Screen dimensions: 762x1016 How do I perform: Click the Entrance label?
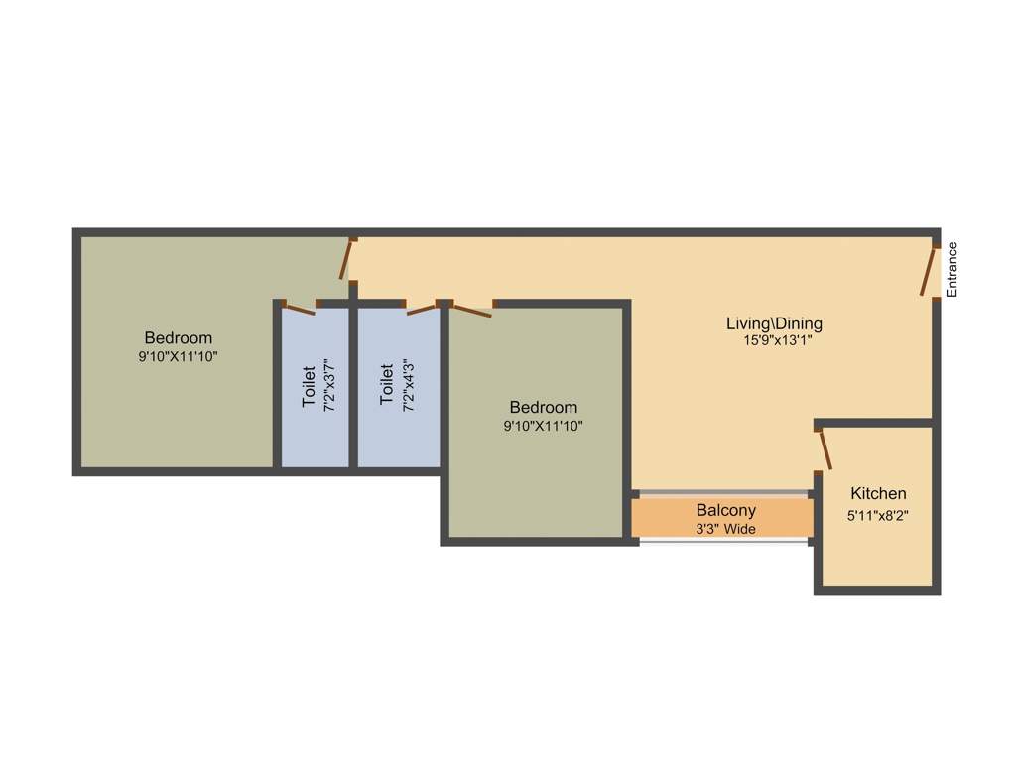click(x=952, y=270)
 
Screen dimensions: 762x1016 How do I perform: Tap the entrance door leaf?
click(x=929, y=271)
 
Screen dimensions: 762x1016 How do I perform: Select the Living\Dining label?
click(x=774, y=323)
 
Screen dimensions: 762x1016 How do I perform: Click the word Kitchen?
click(x=878, y=493)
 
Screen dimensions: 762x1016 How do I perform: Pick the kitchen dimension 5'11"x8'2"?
click(x=878, y=516)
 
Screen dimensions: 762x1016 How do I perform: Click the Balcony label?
click(x=725, y=510)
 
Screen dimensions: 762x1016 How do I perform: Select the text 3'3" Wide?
click(x=725, y=529)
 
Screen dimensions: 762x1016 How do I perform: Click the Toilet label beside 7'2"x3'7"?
click(x=308, y=387)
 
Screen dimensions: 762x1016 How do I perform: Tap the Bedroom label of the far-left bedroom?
click(x=179, y=337)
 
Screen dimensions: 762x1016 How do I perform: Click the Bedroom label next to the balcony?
click(x=543, y=407)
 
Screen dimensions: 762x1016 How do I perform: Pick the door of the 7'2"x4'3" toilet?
click(x=422, y=308)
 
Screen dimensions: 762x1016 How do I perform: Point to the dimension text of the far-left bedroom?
click(x=179, y=356)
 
